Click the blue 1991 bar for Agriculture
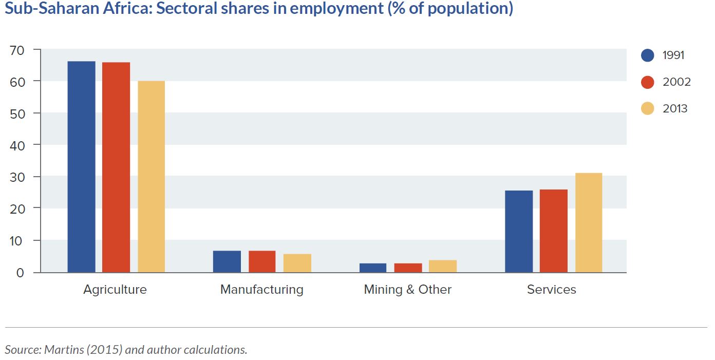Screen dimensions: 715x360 pos(81,166)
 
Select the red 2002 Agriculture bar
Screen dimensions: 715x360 pos(116,167)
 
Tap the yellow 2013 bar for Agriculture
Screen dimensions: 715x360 pos(152,177)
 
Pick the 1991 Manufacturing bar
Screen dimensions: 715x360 pos(227,261)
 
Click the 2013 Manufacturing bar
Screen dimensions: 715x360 pos(297,263)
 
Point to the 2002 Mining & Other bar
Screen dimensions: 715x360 pos(408,268)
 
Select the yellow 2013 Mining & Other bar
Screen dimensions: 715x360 pos(443,266)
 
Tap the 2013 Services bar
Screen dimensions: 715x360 pos(589,222)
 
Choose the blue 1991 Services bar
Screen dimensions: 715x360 pos(519,232)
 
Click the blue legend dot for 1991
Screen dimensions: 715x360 pos(648,55)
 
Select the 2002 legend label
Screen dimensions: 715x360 pos(676,82)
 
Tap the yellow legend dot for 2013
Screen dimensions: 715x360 pos(648,108)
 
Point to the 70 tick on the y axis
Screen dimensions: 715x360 pos(17,50)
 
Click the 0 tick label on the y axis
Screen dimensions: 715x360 pos(20,273)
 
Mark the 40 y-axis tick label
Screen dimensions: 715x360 pos(17,146)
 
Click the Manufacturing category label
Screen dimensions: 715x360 pos(262,290)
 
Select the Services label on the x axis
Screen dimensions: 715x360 pos(552,290)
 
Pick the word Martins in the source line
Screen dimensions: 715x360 pos(64,349)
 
